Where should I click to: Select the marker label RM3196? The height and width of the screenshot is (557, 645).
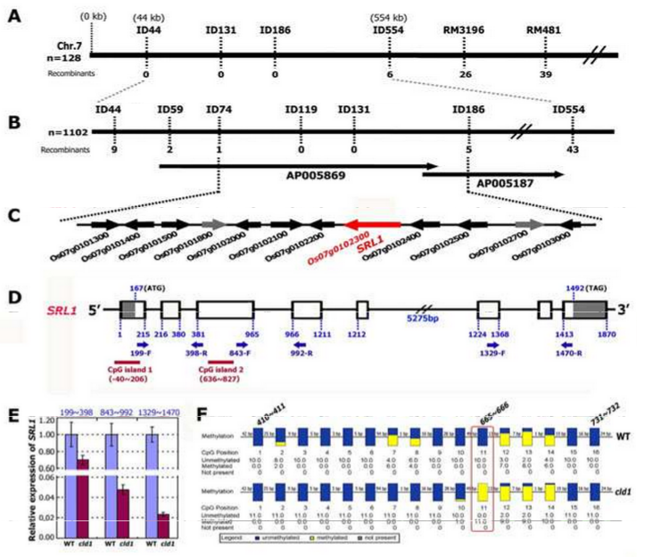pyautogui.click(x=464, y=29)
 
